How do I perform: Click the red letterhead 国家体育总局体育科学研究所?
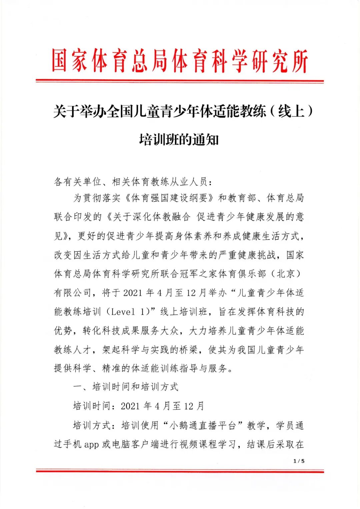(x=180, y=61)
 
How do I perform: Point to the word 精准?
(x=112, y=369)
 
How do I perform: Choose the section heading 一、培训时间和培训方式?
(x=126, y=387)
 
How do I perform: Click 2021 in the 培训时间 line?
(x=130, y=406)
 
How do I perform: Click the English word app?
(x=91, y=445)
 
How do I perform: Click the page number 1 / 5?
(x=299, y=461)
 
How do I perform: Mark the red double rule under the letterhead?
(x=180, y=81)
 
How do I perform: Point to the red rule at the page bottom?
(x=180, y=471)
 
